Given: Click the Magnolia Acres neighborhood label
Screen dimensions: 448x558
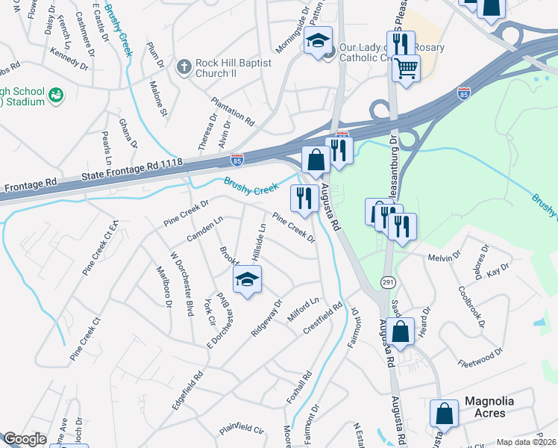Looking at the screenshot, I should click(490, 407).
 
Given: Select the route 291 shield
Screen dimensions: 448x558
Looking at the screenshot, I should click(388, 282).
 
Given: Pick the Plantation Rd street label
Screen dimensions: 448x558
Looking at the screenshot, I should click(232, 109).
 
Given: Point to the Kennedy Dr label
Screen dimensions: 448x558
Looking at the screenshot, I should click(69, 59).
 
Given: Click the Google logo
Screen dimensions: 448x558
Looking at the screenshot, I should click(25, 439).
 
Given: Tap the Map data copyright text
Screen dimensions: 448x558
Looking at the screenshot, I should click(526, 442).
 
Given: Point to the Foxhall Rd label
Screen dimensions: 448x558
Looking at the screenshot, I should click(298, 388).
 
